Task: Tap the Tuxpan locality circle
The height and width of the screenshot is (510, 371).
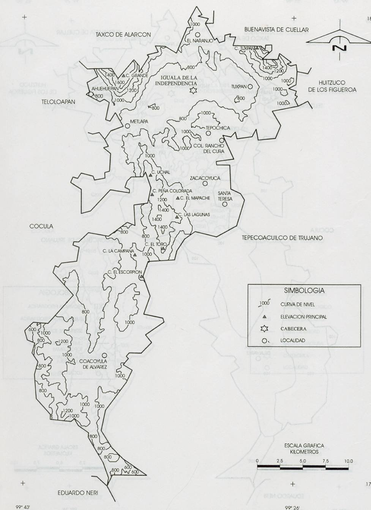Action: click(250, 86)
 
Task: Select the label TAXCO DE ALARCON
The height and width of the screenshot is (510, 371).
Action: click(123, 34)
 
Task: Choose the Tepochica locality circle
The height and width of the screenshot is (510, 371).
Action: click(208, 133)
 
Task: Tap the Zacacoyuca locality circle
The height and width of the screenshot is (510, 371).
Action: click(205, 183)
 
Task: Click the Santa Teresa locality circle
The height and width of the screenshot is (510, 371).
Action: click(225, 204)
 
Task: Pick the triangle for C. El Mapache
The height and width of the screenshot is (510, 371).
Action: click(178, 198)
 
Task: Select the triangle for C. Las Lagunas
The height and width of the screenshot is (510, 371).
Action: click(177, 216)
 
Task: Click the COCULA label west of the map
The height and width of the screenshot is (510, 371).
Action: click(41, 226)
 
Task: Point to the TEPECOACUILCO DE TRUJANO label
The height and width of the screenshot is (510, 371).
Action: click(282, 238)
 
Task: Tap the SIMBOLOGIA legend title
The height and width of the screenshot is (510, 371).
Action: click(304, 291)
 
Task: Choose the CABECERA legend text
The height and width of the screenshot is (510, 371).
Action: click(293, 329)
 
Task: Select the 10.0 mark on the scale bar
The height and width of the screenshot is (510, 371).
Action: click(348, 461)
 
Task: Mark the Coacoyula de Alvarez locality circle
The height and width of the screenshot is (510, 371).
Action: click(104, 355)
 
